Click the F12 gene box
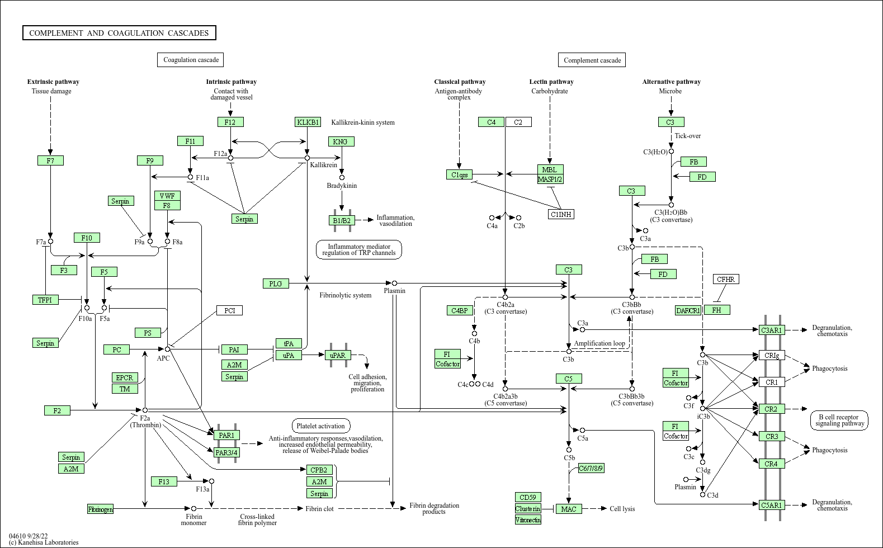(x=230, y=122)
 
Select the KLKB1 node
(x=308, y=122)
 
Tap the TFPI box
(x=45, y=300)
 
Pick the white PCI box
(x=229, y=310)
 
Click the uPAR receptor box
(x=338, y=355)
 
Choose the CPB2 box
(x=319, y=470)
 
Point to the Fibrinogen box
(x=101, y=508)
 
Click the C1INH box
(x=561, y=214)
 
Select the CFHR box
(x=726, y=279)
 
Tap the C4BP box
(x=460, y=310)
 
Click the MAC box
(x=569, y=508)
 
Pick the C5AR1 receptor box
(x=772, y=504)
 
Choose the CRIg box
(x=772, y=355)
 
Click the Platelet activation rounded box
(x=321, y=426)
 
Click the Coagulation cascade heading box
(x=191, y=59)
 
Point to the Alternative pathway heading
(x=671, y=82)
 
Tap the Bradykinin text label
(x=342, y=185)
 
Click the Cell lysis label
(x=622, y=508)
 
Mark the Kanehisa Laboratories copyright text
(x=44, y=542)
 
